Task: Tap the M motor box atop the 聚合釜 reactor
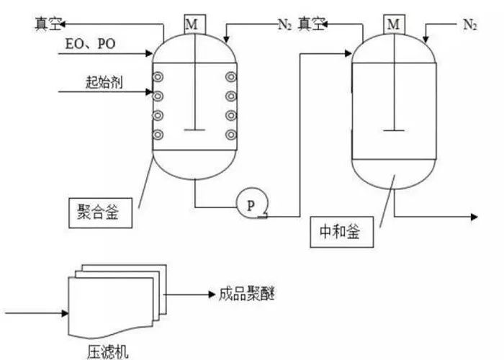192,24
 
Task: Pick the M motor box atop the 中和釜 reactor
393,24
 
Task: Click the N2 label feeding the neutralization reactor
469,26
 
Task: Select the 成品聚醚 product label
246,294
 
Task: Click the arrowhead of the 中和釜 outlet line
476,215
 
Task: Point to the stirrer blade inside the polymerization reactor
192,129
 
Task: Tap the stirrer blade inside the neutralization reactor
392,130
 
